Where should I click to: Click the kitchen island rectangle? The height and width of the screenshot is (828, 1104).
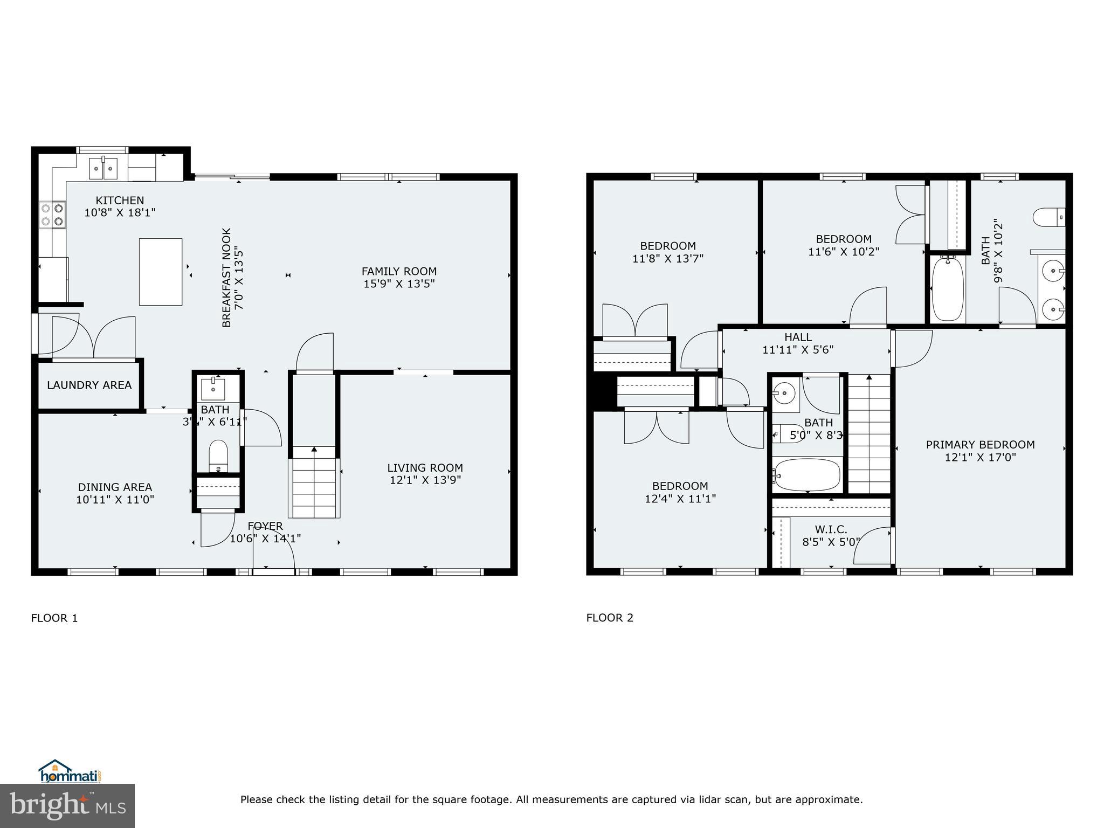click(161, 272)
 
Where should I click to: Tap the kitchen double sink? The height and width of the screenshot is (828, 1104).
click(103, 168)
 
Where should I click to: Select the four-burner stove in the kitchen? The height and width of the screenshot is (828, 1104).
click(53, 215)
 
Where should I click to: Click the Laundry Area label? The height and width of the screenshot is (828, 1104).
click(89, 385)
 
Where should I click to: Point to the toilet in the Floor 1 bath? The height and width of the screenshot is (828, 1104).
click(218, 456)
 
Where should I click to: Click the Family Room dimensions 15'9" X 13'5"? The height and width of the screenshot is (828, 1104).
click(399, 284)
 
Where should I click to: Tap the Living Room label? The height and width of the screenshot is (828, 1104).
click(425, 468)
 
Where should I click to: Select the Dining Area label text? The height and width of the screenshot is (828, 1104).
click(115, 487)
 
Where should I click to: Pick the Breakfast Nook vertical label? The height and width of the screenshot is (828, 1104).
click(226, 277)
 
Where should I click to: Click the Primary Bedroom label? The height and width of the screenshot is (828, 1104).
click(980, 445)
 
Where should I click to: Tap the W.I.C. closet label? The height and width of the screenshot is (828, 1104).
click(831, 530)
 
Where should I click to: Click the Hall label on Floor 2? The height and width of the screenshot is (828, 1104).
click(798, 337)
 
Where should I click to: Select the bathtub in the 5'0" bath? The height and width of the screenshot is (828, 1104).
click(807, 475)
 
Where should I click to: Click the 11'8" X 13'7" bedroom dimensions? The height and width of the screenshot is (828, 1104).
click(668, 259)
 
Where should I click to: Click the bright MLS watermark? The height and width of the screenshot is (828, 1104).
click(67, 805)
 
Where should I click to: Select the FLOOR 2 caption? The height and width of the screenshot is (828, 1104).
click(610, 618)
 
